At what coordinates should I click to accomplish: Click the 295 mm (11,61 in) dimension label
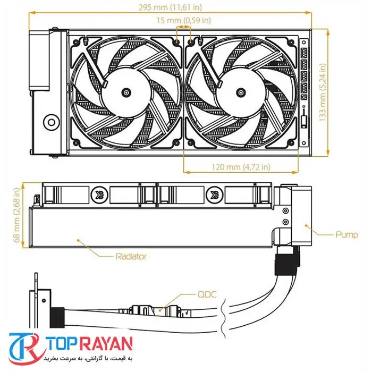click(x=170, y=7)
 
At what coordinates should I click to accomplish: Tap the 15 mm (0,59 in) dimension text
click(x=184, y=20)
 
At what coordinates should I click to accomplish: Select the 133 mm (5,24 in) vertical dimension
click(x=323, y=92)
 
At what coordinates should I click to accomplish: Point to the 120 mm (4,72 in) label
click(x=241, y=167)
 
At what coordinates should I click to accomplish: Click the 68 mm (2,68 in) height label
click(x=17, y=215)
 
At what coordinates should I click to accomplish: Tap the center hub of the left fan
click(x=126, y=92)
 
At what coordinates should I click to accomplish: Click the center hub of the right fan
click(x=241, y=92)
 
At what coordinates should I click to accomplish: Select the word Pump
click(x=346, y=235)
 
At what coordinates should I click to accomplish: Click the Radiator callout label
click(x=131, y=256)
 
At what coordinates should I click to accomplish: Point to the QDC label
click(x=207, y=294)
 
